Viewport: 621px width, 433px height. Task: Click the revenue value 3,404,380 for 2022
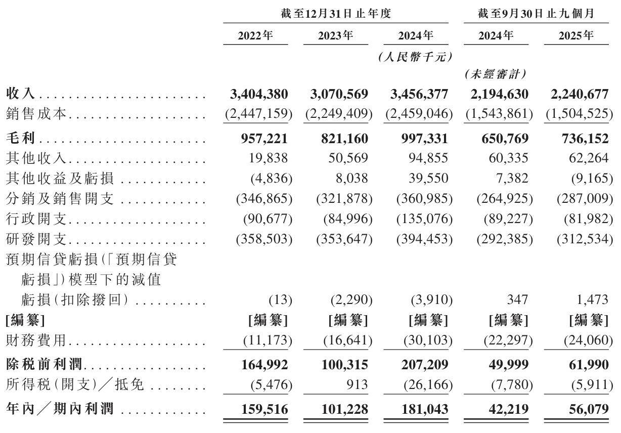(x=259, y=94)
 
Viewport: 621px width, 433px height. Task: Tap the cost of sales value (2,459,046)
(x=418, y=114)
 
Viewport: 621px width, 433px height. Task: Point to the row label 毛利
(x=21, y=138)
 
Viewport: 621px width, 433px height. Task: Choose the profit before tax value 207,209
(x=419, y=364)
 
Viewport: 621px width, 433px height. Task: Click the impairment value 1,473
(x=592, y=299)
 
